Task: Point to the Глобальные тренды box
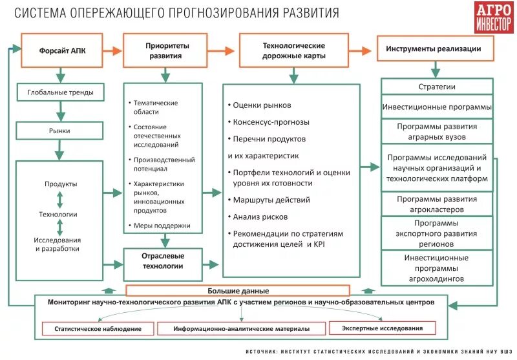coord(60,93)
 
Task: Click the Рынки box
coord(60,131)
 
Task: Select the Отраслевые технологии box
coord(162,261)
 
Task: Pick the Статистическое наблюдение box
coord(98,329)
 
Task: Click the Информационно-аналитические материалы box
coord(240,329)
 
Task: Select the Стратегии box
coord(437,87)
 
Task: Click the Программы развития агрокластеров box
coord(437,204)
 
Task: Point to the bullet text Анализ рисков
coord(261,217)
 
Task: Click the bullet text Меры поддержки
coord(162,226)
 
